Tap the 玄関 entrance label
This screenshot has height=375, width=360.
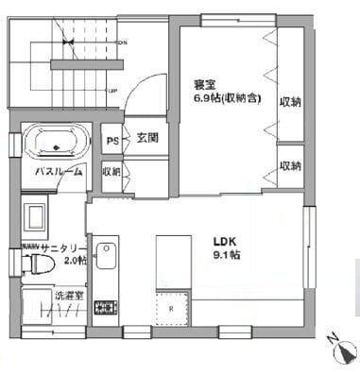[146, 137]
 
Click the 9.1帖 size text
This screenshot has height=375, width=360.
[226, 254]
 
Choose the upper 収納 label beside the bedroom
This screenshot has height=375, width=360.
[290, 101]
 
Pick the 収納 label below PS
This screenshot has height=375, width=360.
[111, 172]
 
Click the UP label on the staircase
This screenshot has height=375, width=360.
[112, 92]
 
